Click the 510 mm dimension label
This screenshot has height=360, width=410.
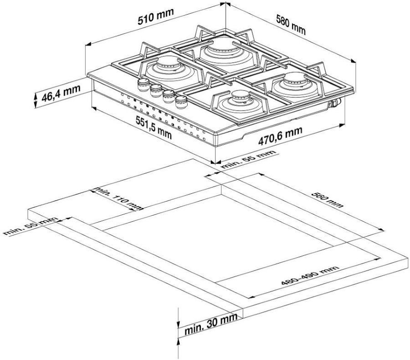tap(156, 17)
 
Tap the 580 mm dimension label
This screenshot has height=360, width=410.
tap(291, 25)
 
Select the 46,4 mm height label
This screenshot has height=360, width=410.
tap(61, 93)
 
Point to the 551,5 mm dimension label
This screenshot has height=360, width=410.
tap(154, 127)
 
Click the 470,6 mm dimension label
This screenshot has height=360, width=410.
tap(280, 136)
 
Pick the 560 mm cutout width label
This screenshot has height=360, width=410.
tap(327, 200)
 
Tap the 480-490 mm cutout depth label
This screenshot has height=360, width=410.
tap(310, 275)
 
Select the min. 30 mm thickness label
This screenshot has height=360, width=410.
tap(211, 324)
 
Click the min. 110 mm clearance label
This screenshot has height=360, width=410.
tap(119, 198)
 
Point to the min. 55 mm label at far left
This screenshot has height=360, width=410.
tap(31, 226)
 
